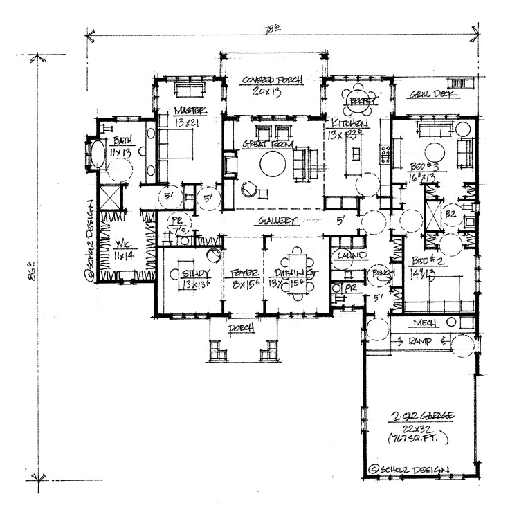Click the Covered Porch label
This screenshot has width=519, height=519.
pyautogui.click(x=271, y=80)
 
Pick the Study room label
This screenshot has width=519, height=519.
pyautogui.click(x=195, y=262)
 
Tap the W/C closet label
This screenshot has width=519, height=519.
pyautogui.click(x=122, y=246)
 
